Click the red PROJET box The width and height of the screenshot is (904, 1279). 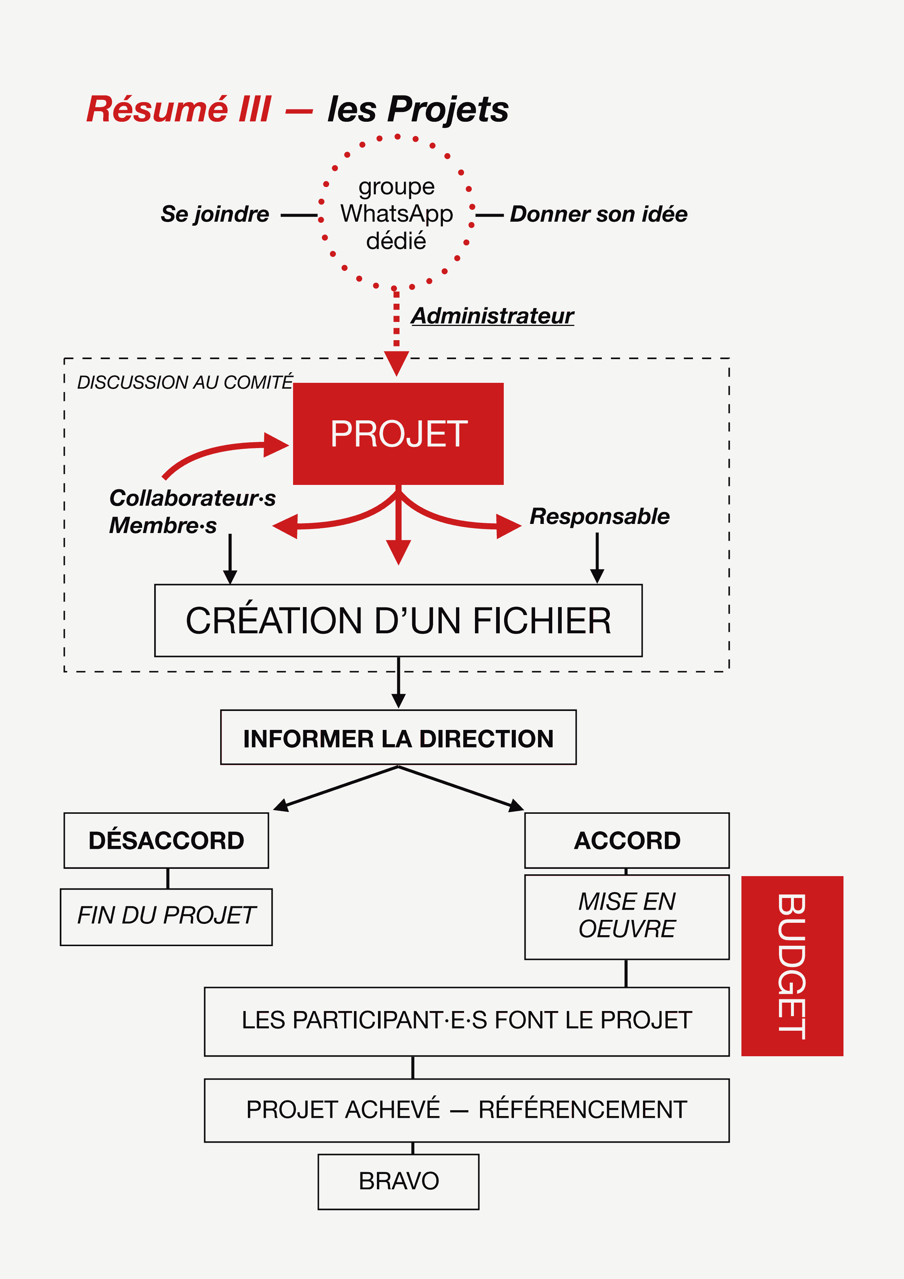pos(398,434)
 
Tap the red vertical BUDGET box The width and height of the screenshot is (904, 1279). pos(792,966)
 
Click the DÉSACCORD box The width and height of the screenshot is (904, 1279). pos(166,840)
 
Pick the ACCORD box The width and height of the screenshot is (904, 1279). pos(627,840)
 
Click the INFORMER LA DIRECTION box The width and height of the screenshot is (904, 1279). pos(398,737)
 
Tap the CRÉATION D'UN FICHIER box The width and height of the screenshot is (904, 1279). pos(398,621)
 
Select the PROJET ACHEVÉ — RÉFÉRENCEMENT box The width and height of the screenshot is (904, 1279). pos(467,1110)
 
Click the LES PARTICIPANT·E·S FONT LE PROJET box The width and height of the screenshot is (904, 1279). pos(467,1022)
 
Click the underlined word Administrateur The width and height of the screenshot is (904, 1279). pos(492,316)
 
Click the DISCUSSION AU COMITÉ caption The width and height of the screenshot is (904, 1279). pos(185,382)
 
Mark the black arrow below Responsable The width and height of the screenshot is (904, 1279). pos(597,558)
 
